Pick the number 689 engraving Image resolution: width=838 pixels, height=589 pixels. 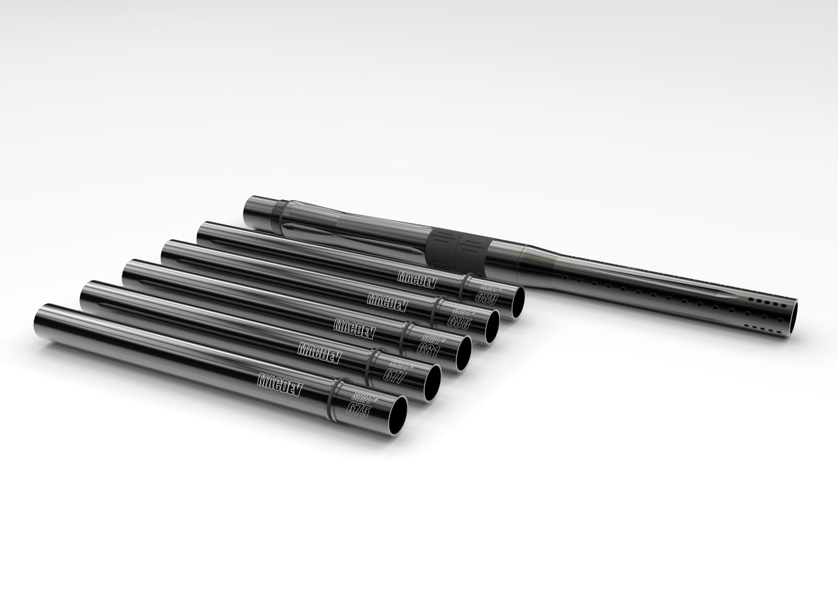(484, 297)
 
